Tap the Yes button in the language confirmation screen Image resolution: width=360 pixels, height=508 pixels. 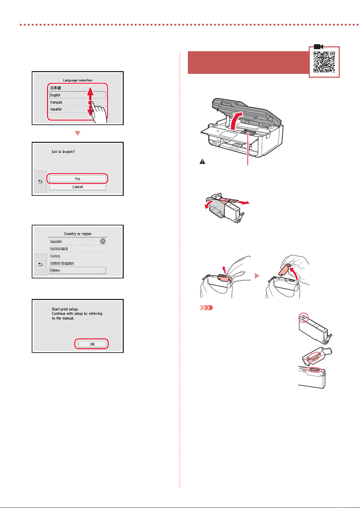click(x=77, y=179)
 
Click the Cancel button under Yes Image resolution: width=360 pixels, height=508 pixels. click(x=77, y=187)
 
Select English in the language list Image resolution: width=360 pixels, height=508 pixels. click(x=55, y=95)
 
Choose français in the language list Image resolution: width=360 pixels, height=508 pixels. click(x=56, y=102)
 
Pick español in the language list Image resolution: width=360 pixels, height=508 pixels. click(x=56, y=109)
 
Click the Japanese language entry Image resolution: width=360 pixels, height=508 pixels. click(x=56, y=88)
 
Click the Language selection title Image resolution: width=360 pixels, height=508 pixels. click(x=77, y=80)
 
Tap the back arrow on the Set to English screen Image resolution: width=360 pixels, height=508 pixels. click(x=40, y=181)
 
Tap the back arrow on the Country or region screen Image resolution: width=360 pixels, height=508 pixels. click(x=40, y=264)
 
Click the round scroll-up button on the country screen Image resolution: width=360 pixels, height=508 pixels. click(x=103, y=241)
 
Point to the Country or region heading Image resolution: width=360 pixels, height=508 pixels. click(x=77, y=234)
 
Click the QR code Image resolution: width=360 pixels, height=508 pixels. click(x=324, y=62)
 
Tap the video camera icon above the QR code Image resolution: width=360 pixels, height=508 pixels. click(x=319, y=47)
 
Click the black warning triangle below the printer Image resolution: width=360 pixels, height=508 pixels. click(x=202, y=162)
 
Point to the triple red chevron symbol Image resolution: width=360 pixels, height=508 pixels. click(x=206, y=308)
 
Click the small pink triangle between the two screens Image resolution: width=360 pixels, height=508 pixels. click(x=78, y=133)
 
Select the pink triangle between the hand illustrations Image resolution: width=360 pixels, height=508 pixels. click(x=257, y=276)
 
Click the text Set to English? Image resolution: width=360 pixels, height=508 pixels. click(x=63, y=152)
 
